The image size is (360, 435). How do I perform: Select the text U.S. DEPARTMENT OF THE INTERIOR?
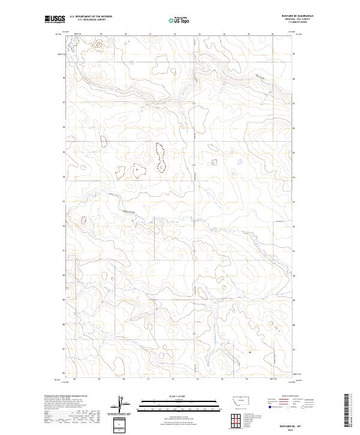point(91,17)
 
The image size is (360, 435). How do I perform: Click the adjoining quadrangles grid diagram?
point(233,419)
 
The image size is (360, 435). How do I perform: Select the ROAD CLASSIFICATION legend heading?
point(291,397)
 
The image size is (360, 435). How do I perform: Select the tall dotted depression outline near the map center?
point(161,157)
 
